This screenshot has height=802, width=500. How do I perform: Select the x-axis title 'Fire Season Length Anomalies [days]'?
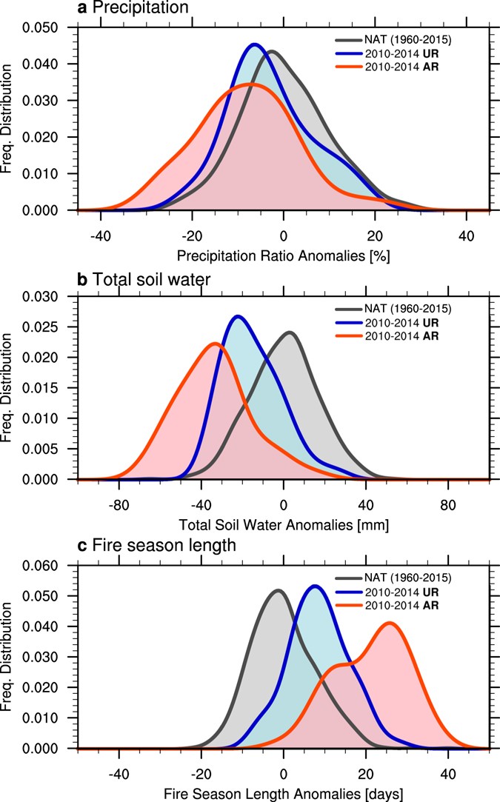[283, 793]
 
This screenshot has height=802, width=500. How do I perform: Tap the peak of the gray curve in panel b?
[289, 333]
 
